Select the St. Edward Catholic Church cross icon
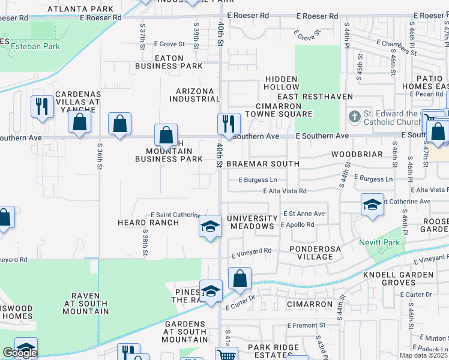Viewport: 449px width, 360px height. [x=355, y=116]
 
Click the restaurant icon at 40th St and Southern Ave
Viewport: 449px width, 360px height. [x=229, y=124]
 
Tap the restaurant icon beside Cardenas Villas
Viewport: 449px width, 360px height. [x=41, y=107]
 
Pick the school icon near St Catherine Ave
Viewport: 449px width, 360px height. [x=372, y=205]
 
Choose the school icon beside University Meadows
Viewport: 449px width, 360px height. [x=210, y=227]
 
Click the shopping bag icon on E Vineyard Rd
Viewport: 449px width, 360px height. [x=240, y=278]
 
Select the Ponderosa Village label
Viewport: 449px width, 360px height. [x=311, y=253]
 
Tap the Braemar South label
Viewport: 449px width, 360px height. [x=263, y=164]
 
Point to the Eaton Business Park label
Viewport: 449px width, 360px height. [x=169, y=62]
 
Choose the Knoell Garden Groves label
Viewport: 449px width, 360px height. [x=398, y=278]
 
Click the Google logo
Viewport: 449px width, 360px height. [x=20, y=353]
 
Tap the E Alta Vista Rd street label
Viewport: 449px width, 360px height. [x=285, y=191]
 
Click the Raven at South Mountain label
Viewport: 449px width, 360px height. [x=90, y=304]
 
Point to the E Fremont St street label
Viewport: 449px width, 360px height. [x=306, y=326]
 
